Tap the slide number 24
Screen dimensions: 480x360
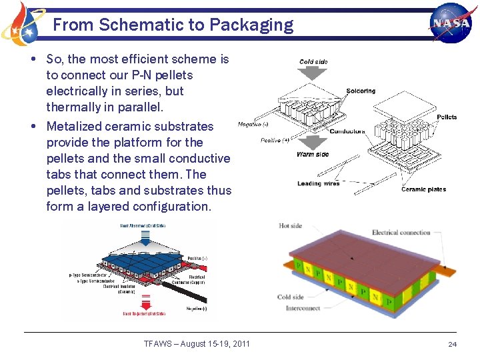coord(452,344)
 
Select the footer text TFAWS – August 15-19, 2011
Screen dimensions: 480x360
coord(197,343)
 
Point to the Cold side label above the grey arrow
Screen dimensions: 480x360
coord(313,62)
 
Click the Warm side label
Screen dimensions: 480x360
coord(312,155)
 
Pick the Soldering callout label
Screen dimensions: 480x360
coord(361,91)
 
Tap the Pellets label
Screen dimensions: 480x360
coord(447,117)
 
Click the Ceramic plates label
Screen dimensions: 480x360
coord(423,189)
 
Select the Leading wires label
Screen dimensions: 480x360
coord(318,184)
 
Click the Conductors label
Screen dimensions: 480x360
coord(347,131)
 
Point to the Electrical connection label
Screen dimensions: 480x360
coord(401,233)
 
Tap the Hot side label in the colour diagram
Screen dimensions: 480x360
coord(291,226)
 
